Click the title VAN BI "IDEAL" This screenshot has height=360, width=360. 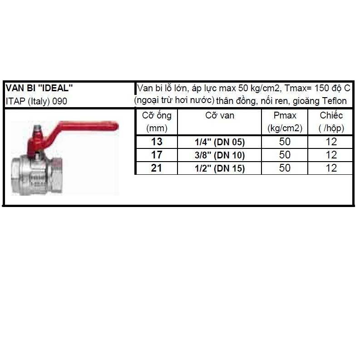39,88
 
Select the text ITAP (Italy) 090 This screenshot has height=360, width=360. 36,101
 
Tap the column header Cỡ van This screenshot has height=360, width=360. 220,116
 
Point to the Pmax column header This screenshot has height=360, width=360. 285,116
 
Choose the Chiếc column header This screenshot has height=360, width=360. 331,116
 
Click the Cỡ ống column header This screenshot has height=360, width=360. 157,116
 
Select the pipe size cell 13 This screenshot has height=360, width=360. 157,142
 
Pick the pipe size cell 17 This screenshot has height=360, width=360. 157,155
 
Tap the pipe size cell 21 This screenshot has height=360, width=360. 157,168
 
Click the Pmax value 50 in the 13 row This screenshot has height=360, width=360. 285,142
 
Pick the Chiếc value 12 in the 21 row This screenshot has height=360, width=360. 331,168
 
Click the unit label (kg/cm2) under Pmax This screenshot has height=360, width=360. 285,128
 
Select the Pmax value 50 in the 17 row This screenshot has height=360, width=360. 285,155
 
